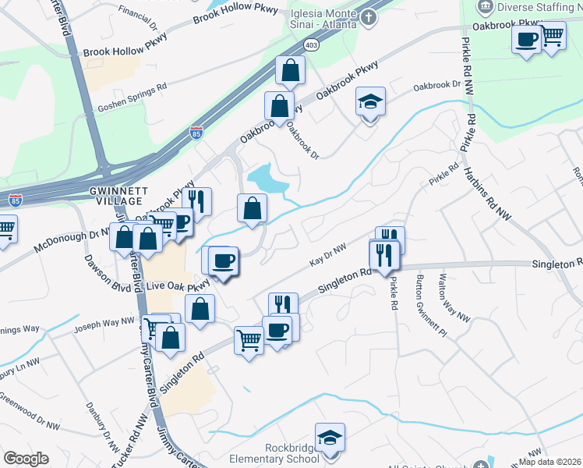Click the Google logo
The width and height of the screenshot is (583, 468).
[26, 459]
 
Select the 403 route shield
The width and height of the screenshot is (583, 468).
[312, 44]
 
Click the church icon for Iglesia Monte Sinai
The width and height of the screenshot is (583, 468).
[369, 16]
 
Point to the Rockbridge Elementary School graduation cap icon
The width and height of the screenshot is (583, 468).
[330, 438]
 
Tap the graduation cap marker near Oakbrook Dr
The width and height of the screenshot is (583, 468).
[371, 101]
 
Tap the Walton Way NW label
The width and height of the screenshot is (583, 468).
[454, 298]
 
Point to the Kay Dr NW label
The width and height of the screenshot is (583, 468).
[327, 256]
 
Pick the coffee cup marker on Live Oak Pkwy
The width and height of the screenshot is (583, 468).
[223, 261]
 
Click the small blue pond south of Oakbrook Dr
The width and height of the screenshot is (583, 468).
[267, 179]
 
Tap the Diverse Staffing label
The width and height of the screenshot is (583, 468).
[539, 7]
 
